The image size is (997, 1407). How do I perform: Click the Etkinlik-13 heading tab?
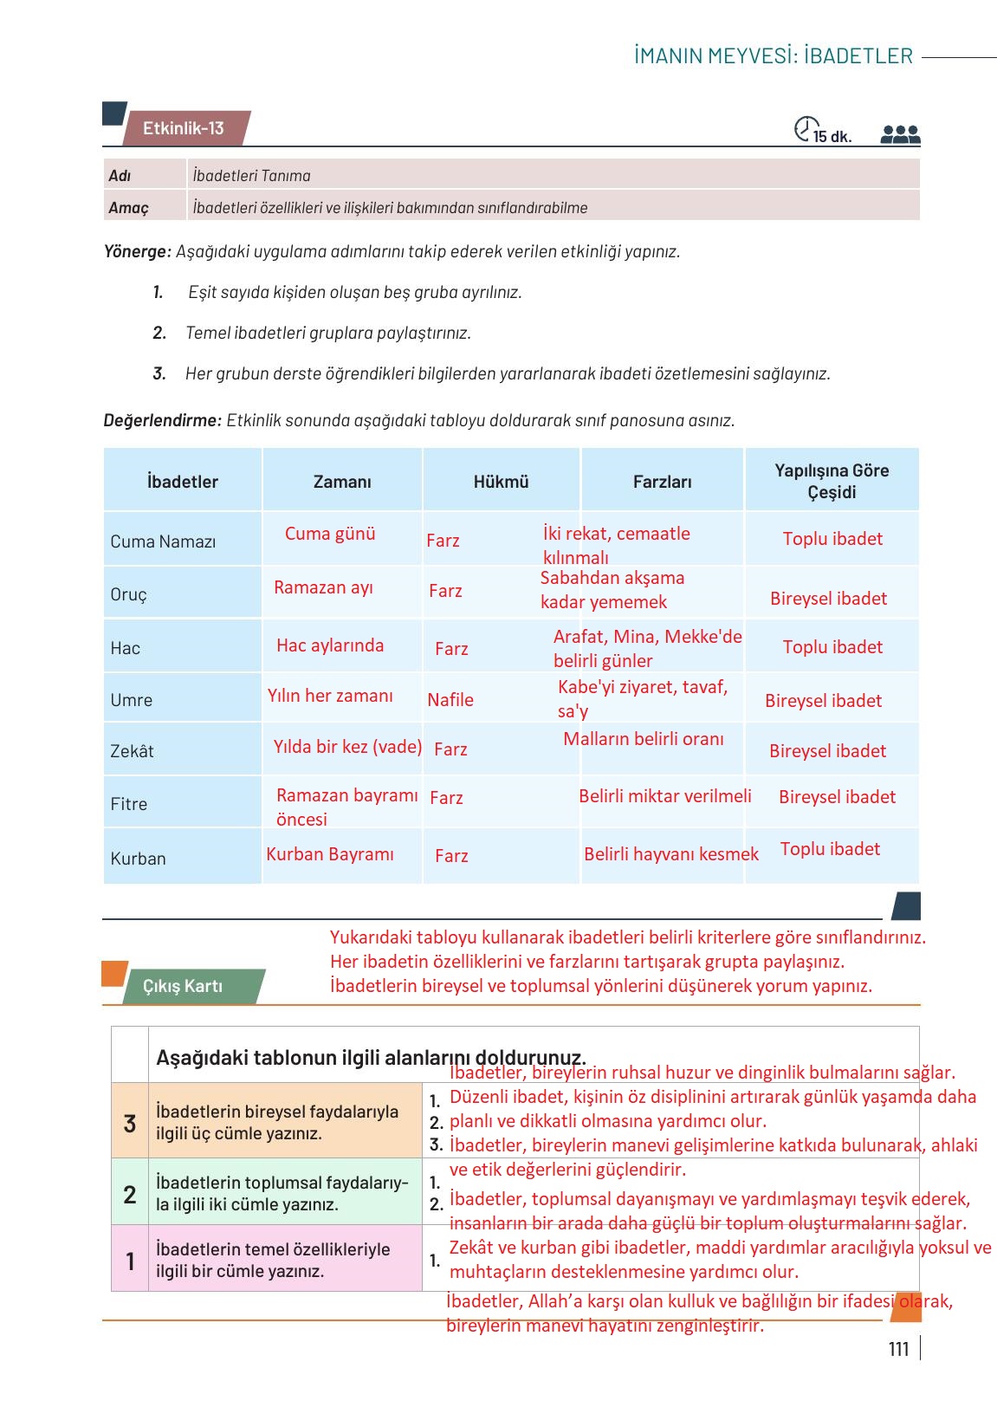pos(184,128)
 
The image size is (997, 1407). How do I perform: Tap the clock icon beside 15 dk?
pos(806,129)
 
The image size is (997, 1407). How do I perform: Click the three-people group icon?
pos(900,134)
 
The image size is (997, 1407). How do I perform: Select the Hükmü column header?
pos(501,482)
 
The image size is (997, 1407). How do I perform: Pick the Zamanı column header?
pos(342,482)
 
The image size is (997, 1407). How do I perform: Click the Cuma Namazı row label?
pos(163,541)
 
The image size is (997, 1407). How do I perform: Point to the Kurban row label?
pos(138,859)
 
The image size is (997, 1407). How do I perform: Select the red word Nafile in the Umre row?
pos(450,700)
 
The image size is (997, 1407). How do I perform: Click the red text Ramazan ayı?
pos(323,587)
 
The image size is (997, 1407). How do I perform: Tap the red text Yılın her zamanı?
pos(330,696)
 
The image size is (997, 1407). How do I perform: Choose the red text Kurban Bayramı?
pos(330,854)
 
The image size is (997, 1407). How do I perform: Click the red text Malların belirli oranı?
pos(644,739)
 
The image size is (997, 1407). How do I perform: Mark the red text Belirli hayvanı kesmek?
pos(671,854)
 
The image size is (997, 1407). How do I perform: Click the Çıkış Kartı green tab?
pos(183,986)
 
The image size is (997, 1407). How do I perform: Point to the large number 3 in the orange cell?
pos(130,1124)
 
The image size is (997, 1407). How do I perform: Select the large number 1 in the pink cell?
pos(130,1261)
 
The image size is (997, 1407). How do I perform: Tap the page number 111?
pos(898,1349)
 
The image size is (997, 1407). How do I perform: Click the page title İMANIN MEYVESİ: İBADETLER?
pos(774,56)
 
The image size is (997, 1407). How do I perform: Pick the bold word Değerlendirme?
pos(162,421)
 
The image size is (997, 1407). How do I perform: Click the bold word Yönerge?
pos(137,252)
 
